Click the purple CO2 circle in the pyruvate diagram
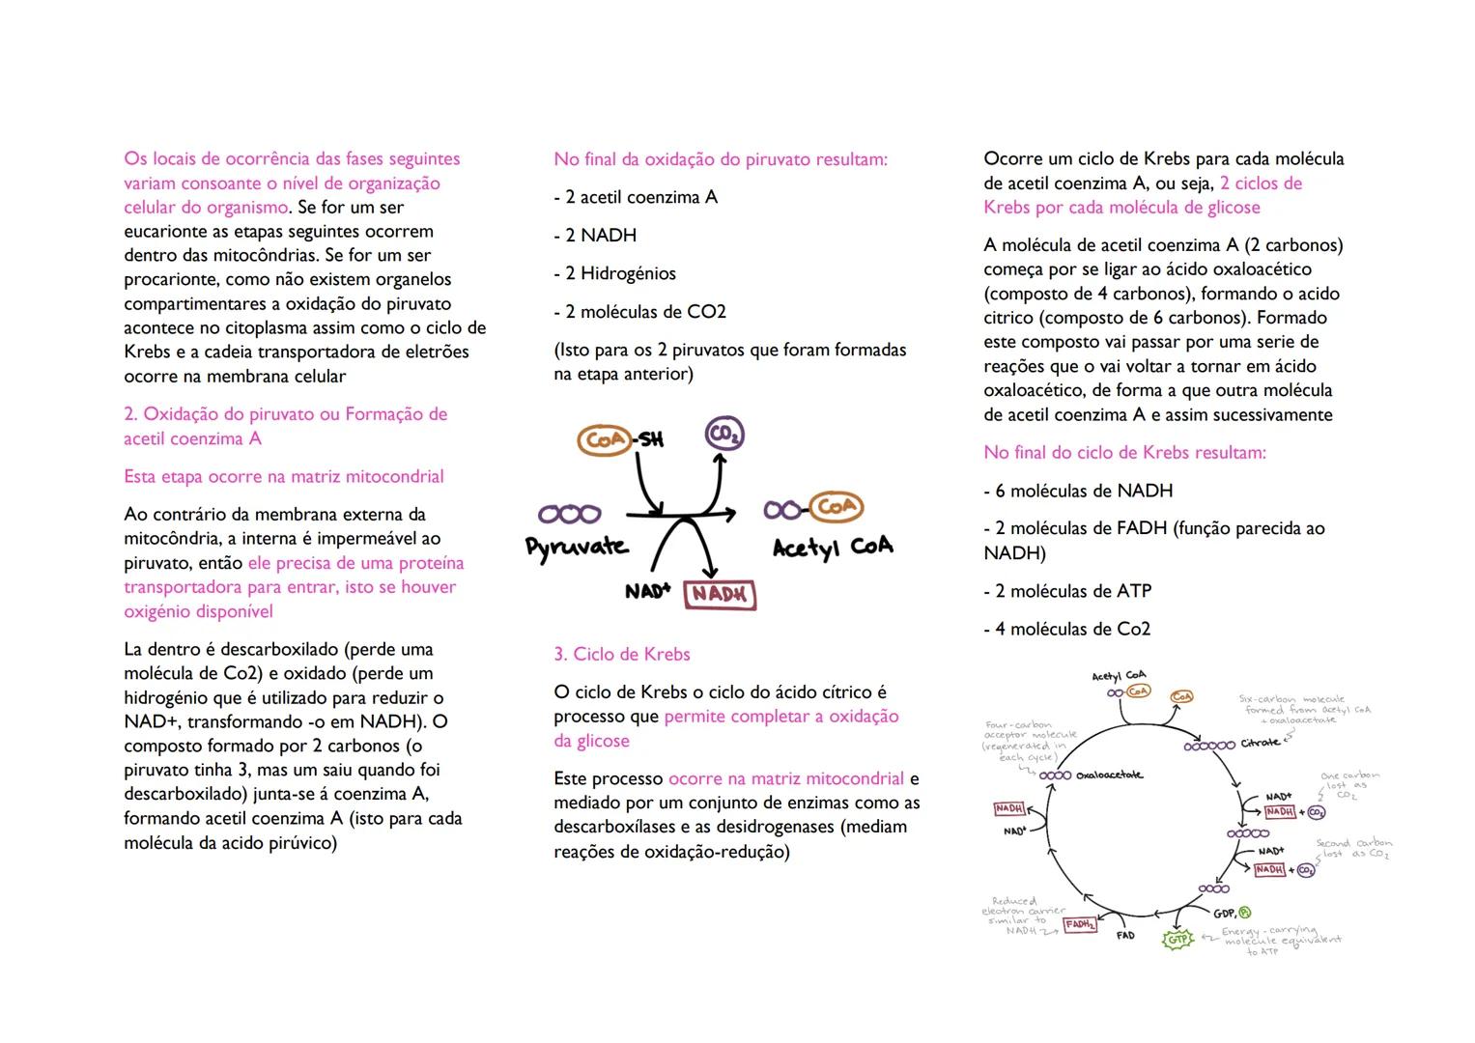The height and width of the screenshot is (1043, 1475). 724,437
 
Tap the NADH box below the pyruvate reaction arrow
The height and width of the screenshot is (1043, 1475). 719,595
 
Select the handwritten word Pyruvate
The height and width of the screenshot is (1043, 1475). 577,547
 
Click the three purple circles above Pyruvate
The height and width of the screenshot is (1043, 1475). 569,514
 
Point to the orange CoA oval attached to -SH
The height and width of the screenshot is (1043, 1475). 604,440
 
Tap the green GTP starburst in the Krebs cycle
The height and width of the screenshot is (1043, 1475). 1177,939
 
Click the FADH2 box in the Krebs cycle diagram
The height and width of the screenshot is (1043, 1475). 1080,924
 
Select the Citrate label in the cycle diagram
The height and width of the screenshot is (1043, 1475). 1261,743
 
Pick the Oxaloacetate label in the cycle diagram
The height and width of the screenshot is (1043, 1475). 1109,775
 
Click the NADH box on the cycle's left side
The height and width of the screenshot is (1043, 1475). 1009,808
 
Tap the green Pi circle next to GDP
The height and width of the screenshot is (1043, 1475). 1244,913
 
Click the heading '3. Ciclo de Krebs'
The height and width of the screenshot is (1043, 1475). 622,655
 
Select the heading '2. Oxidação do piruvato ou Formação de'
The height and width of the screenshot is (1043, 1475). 286,414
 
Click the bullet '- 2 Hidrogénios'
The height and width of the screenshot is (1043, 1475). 615,273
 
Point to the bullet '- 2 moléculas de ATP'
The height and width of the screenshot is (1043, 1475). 1067,591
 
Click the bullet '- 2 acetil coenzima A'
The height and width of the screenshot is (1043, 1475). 636,197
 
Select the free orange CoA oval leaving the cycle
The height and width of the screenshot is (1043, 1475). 1181,696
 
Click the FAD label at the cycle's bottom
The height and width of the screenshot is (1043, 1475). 1125,936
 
